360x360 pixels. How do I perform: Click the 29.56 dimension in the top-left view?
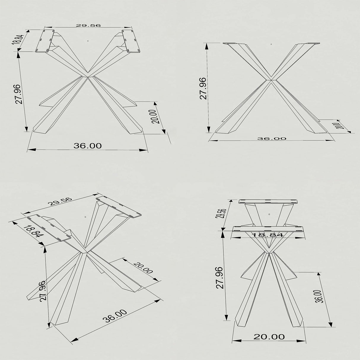[88, 26]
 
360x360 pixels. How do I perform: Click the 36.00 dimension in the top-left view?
[87, 146]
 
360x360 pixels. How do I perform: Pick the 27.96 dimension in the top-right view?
[203, 88]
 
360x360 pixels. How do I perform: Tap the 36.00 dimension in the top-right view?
[272, 138]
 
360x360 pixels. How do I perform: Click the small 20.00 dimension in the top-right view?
[340, 125]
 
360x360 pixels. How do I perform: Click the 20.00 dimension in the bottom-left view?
[143, 268]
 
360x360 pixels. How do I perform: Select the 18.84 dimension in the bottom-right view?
[267, 235]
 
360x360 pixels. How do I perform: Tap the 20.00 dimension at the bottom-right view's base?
[269, 337]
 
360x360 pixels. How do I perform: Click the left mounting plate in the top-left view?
[45, 41]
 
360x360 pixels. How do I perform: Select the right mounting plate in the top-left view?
[131, 41]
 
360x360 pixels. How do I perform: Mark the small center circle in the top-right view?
[271, 44]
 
